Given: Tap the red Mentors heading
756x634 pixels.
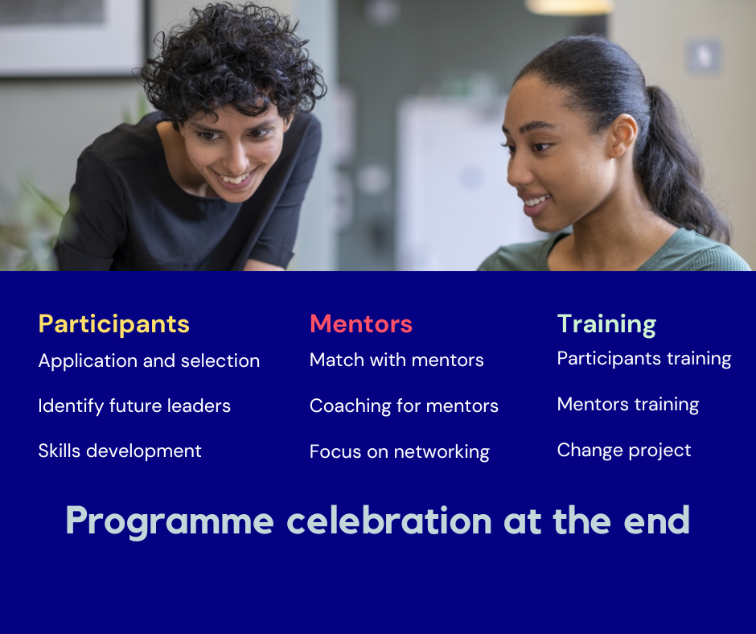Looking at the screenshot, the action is [361, 323].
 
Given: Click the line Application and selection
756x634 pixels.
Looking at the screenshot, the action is [149, 361].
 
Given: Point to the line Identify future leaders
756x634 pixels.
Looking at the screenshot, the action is [134, 406].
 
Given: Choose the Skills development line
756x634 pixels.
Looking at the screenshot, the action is [120, 451].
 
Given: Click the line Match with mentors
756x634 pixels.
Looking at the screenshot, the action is [396, 360].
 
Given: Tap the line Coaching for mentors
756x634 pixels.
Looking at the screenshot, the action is [404, 406].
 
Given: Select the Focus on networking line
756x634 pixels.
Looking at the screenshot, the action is [400, 452].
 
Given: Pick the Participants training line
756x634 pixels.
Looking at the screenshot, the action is [644, 359].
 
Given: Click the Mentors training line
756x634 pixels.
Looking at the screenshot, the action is [628, 405].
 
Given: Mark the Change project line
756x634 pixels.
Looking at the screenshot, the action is [624, 451].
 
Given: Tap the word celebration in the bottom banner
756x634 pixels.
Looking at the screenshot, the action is [389, 520].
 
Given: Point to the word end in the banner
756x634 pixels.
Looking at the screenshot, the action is [657, 520].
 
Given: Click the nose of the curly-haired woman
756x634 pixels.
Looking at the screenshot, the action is [237, 157].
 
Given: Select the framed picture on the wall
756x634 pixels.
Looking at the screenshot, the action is [72, 37].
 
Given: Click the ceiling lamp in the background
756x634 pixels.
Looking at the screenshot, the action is [569, 6].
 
